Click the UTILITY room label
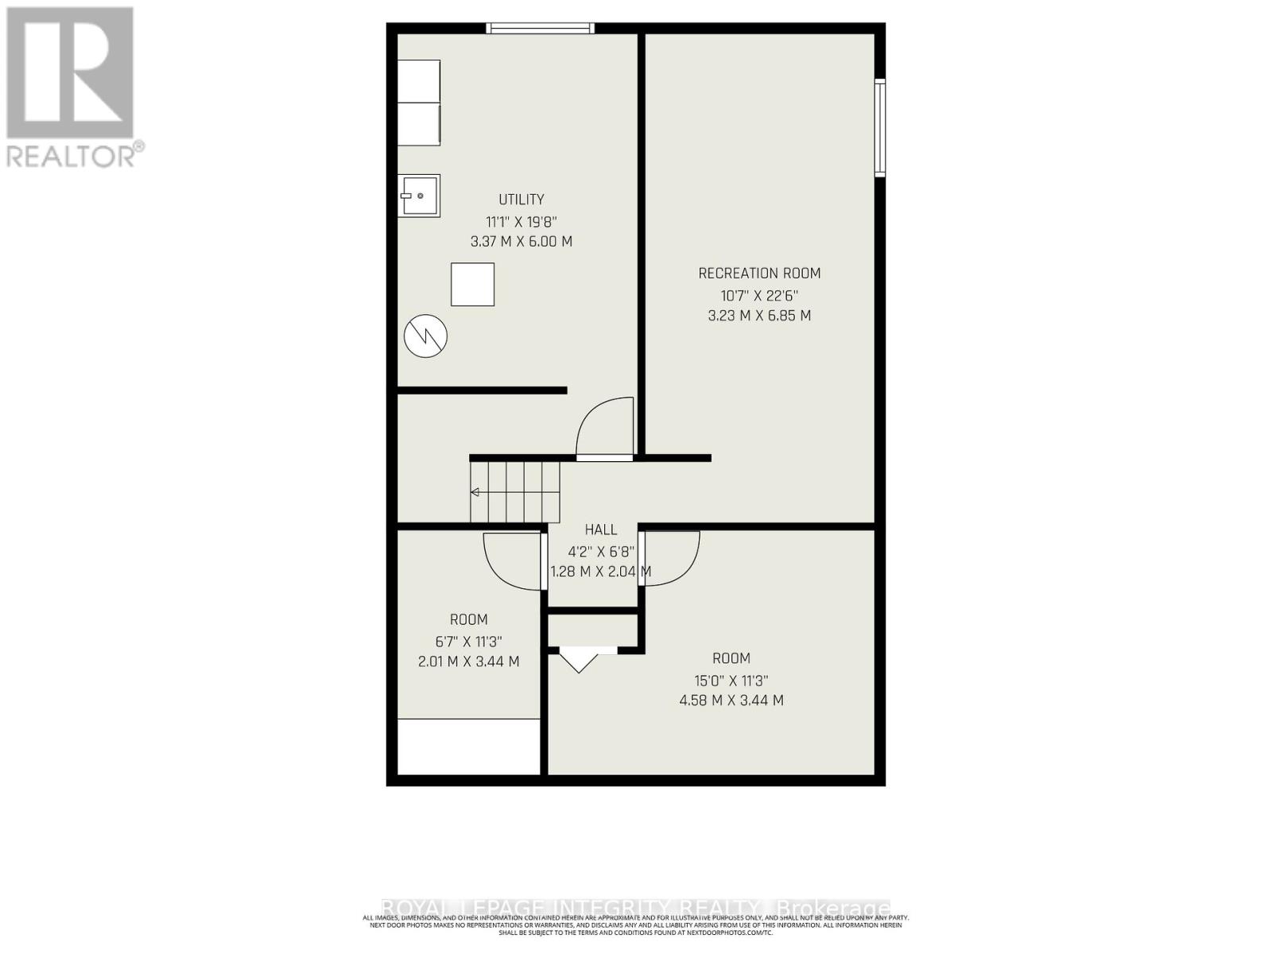[x=522, y=200]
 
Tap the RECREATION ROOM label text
[x=759, y=273]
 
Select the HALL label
[x=601, y=530]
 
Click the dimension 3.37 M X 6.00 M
[x=522, y=242]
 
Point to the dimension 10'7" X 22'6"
[x=759, y=296]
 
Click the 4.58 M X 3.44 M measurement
[x=731, y=700]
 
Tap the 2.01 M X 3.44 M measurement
[x=469, y=661]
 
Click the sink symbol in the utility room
[x=418, y=196]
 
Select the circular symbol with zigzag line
[x=425, y=336]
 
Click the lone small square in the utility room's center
[x=473, y=285]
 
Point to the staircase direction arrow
[x=475, y=493]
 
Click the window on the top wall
[x=541, y=29]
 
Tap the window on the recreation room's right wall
[x=880, y=127]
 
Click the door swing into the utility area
[x=604, y=429]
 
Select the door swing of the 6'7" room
[x=513, y=560]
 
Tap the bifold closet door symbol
[x=580, y=659]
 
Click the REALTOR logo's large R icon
[x=70, y=73]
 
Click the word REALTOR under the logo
[x=72, y=156]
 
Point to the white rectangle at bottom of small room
[x=469, y=747]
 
